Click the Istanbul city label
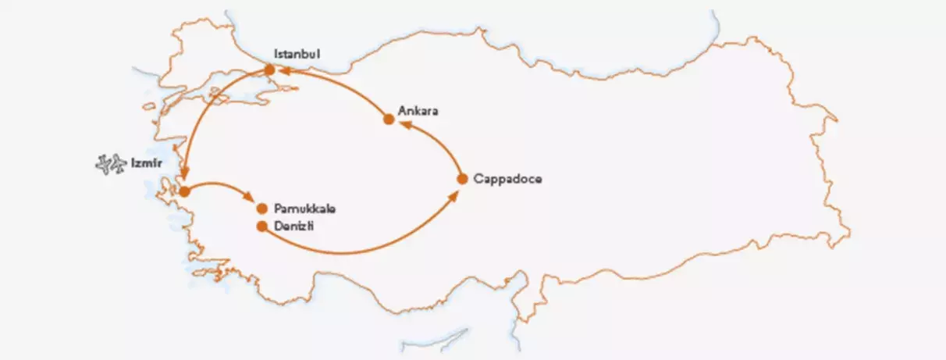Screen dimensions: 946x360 297,54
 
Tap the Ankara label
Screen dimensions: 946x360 418,111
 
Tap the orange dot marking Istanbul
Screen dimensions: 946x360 270,70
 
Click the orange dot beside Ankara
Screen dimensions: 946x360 389,119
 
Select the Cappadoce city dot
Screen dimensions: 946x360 461,179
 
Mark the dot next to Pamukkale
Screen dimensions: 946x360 262,209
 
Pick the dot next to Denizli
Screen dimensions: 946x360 262,226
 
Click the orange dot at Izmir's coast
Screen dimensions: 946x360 184,191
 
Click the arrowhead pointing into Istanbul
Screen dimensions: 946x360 285,71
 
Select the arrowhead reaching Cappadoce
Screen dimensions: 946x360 453,195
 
